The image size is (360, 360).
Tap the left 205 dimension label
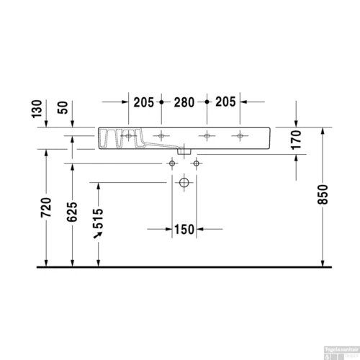click(145, 102)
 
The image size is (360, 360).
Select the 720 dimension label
click(48, 207)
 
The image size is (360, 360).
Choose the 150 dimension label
click(184, 230)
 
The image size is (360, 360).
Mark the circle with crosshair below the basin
click(184, 184)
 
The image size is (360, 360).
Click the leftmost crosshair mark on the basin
click(129, 135)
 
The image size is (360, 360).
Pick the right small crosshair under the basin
click(194, 164)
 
